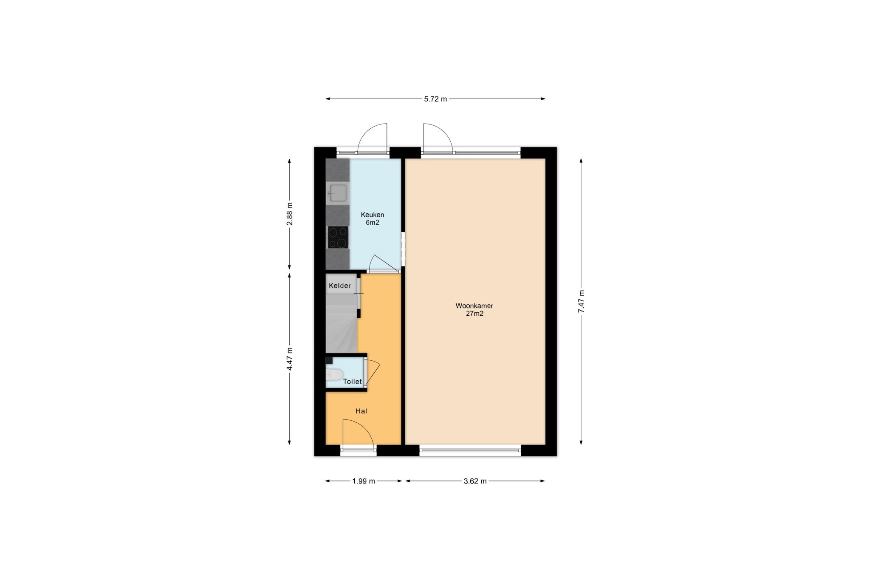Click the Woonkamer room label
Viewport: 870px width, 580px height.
pos(474,306)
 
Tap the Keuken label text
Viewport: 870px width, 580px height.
pos(373,215)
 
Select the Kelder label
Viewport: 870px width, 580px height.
pos(340,286)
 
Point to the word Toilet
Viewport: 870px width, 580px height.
pos(353,382)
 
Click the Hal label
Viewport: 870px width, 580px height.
pos(362,411)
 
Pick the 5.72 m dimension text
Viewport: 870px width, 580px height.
pos(435,99)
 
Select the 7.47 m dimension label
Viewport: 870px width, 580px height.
pos(581,301)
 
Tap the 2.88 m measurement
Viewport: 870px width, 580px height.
pos(290,214)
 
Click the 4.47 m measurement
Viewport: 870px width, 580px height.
pos(290,359)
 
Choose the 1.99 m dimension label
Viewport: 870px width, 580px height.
pos(364,481)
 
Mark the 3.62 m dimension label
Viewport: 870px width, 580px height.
pos(475,481)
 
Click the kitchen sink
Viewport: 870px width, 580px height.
pos(338,193)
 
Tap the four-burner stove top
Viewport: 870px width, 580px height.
pos(338,237)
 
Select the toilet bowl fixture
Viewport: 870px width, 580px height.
pos(334,375)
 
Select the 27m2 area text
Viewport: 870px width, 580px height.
pos(475,314)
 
